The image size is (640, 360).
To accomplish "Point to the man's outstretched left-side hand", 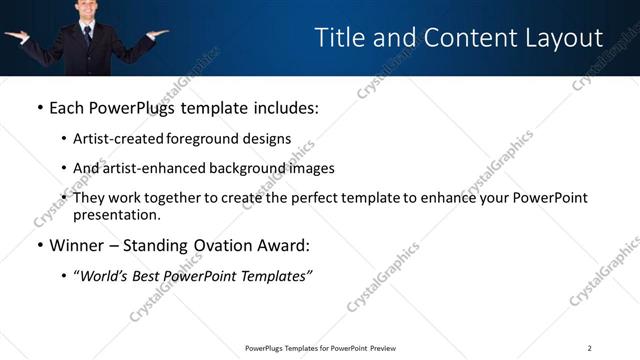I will point(16,36).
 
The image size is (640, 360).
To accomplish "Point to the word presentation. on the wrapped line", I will point(116,214).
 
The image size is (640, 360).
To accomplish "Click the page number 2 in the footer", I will point(589,348).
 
